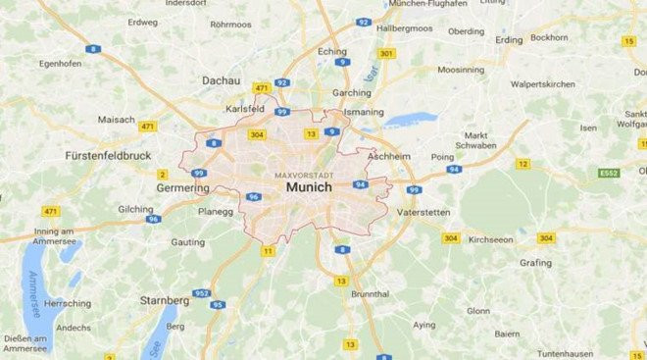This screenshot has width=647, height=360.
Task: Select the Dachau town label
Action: click(220, 80)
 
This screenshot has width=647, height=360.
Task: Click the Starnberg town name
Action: click(166, 299)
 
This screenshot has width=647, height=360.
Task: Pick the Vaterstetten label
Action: click(423, 211)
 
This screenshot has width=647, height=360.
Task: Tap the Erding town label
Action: click(509, 40)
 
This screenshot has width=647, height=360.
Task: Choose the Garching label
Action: click(353, 93)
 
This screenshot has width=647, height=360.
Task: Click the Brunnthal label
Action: click(370, 293)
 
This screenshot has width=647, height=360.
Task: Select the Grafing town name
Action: click(535, 262)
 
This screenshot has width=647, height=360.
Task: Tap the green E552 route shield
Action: click(610, 173)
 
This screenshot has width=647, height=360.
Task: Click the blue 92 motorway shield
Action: click(364, 22)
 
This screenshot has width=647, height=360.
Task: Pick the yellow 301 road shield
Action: click(386, 53)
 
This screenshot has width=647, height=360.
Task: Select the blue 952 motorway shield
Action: click(202, 292)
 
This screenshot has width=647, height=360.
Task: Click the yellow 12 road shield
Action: click(523, 164)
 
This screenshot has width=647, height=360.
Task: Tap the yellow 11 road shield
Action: click(268, 251)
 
